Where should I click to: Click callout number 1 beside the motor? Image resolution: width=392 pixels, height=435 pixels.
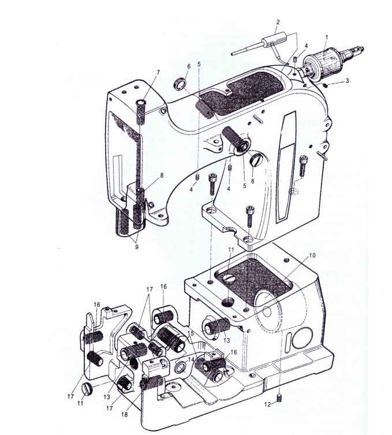pyautogui.click(x=327, y=37)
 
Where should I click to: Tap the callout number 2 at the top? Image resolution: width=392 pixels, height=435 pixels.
pyautogui.click(x=278, y=22)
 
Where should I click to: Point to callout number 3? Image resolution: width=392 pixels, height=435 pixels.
pyautogui.click(x=347, y=81)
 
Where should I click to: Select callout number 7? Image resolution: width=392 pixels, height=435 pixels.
pyautogui.click(x=158, y=73)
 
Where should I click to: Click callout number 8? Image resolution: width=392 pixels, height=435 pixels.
pyautogui.click(x=162, y=175)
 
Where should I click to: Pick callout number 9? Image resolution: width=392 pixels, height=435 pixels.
pyautogui.click(x=137, y=247)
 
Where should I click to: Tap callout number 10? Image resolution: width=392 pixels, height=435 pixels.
pyautogui.click(x=312, y=255)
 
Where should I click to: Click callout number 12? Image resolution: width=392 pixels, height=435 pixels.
pyautogui.click(x=267, y=404)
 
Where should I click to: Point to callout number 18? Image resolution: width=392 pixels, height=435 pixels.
pyautogui.click(x=124, y=415)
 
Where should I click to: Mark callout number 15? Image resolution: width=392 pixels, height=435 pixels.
pyautogui.click(x=190, y=333)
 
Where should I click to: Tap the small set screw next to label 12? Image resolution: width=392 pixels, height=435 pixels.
pyautogui.click(x=279, y=399)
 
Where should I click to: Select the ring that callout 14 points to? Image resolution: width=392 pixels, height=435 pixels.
pyautogui.click(x=180, y=368)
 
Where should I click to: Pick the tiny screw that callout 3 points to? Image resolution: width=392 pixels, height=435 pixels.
pyautogui.click(x=324, y=85)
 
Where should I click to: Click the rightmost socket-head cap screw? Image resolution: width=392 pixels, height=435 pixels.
pyautogui.click(x=303, y=166)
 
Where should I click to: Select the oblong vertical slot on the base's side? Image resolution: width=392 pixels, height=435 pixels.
pyautogui.click(x=288, y=340)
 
